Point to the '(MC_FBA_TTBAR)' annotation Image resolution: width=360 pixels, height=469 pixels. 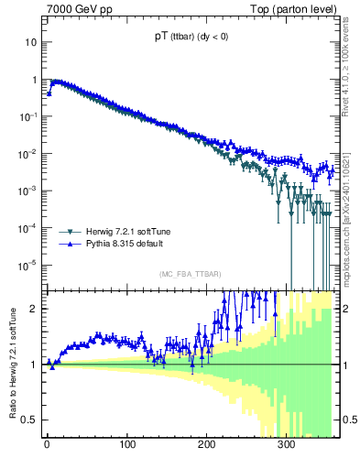tap(190, 275)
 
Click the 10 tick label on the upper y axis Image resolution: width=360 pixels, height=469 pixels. tap(29, 42)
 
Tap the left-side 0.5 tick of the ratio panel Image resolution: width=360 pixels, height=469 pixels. tap(30, 420)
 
